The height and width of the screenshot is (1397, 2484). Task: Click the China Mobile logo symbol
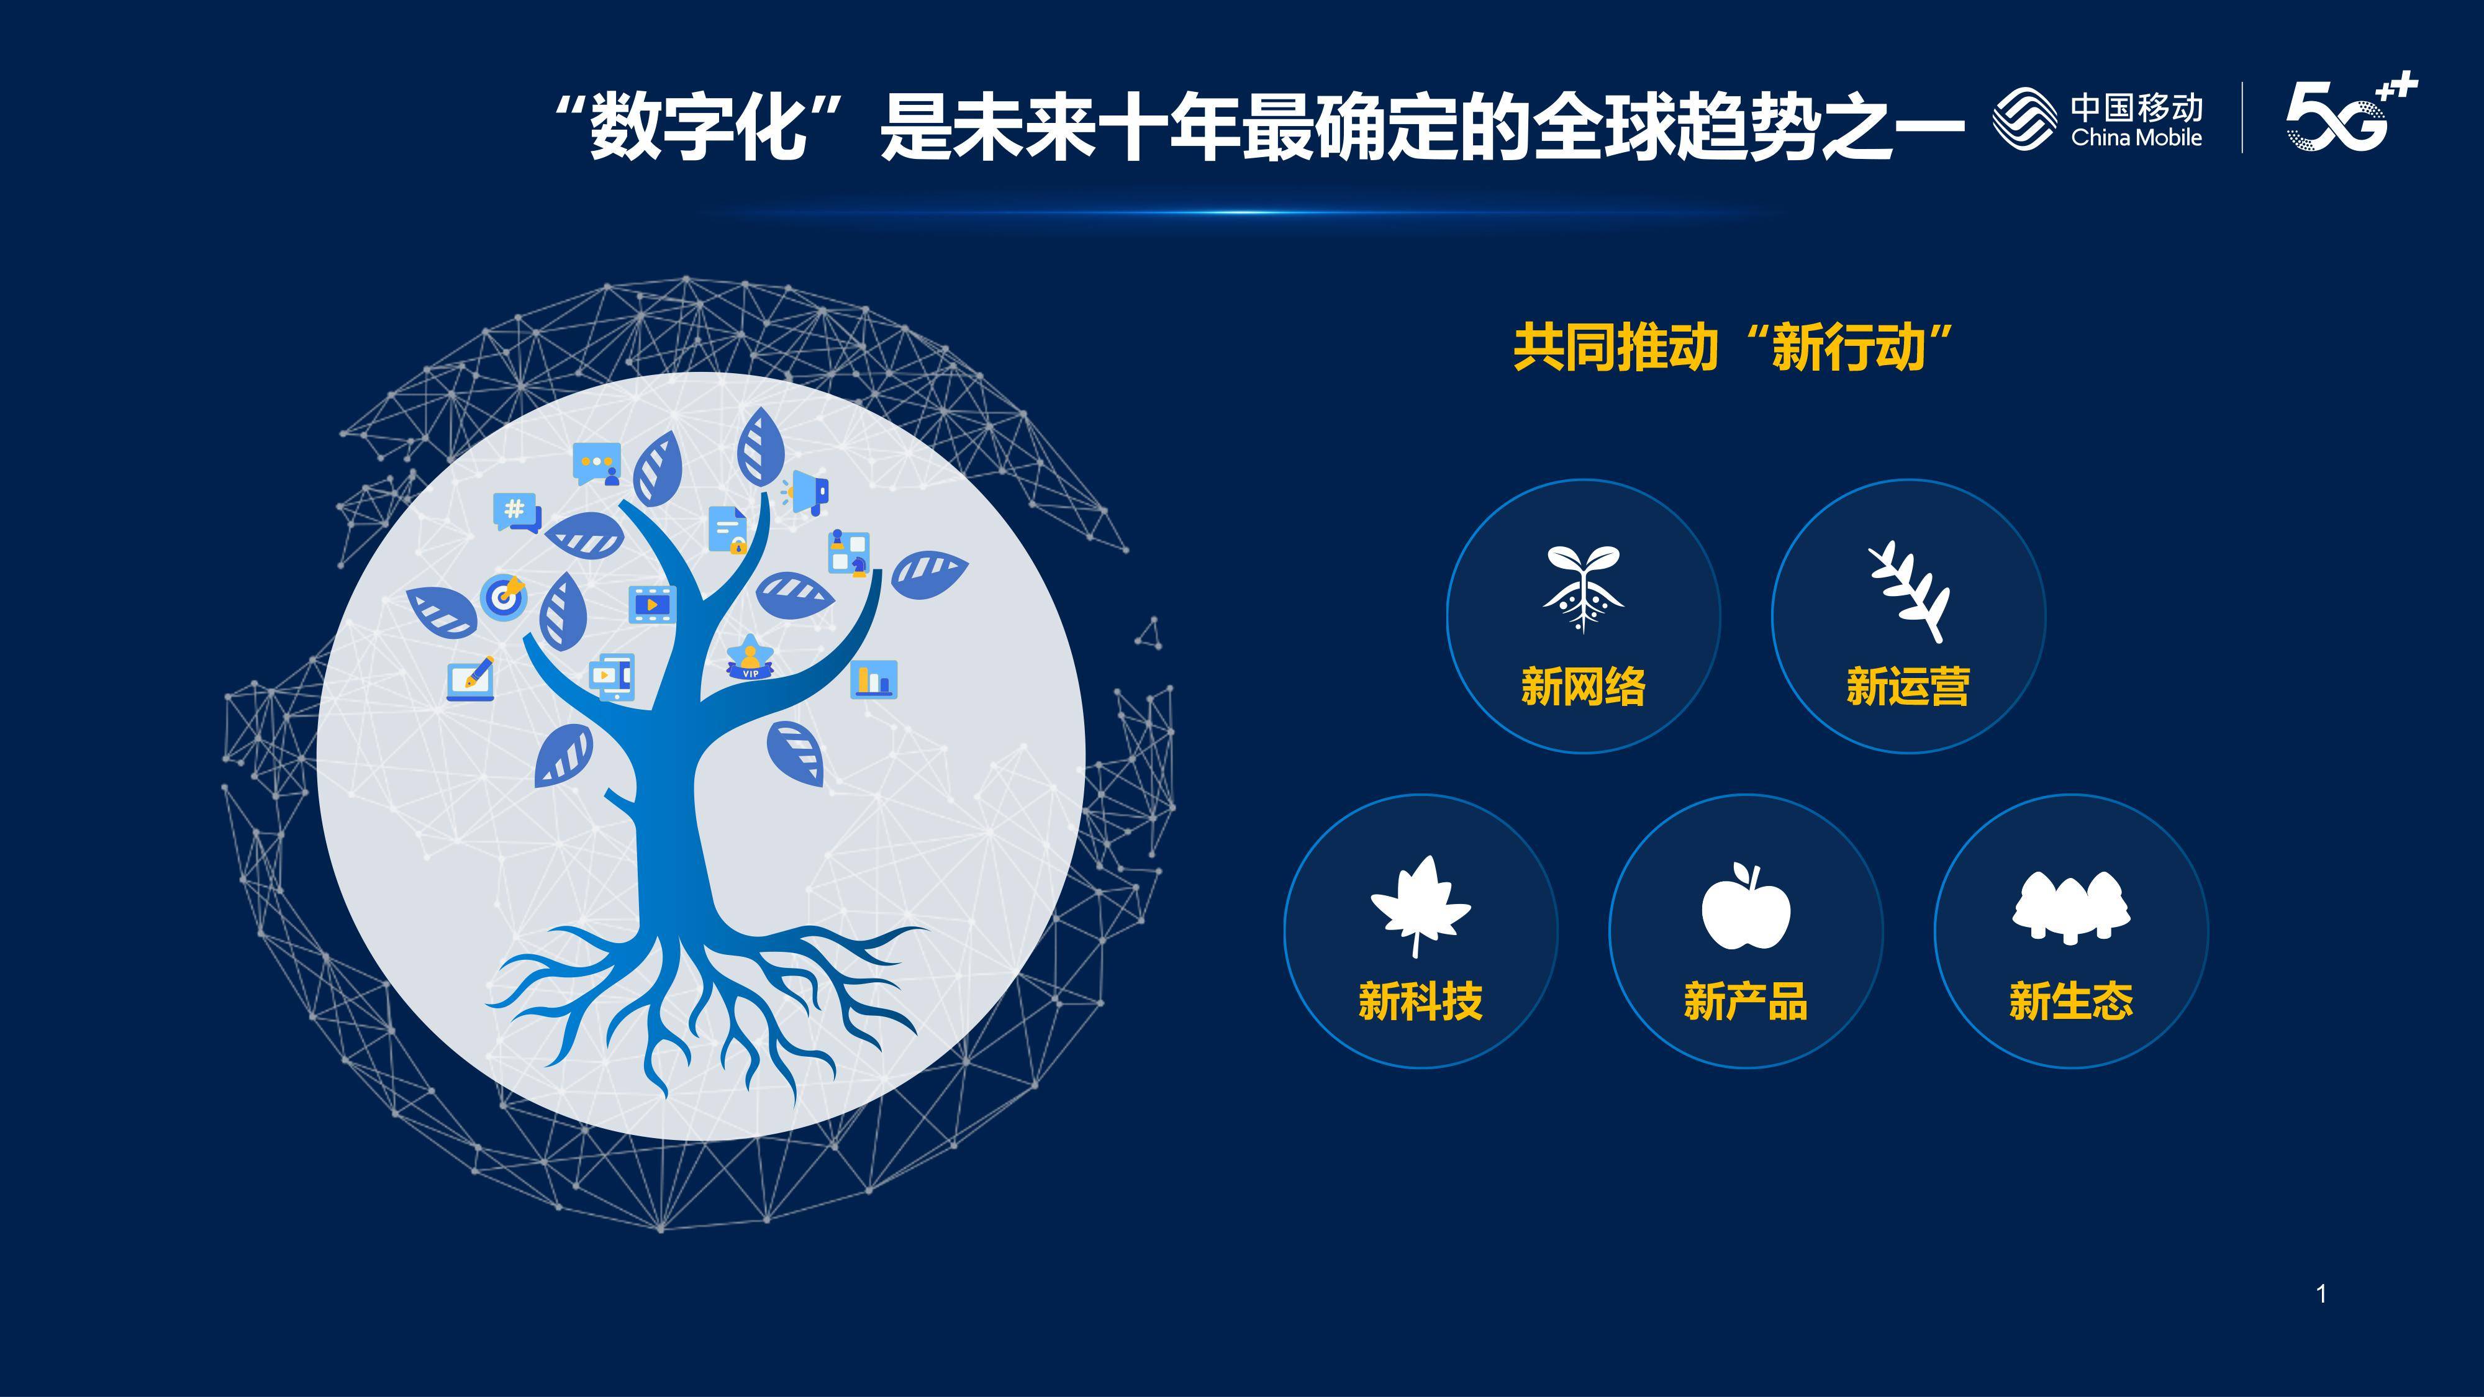2024,119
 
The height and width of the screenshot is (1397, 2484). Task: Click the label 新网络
1582,687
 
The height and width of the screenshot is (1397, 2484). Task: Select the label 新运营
1907,687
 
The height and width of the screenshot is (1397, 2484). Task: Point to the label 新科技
1420,1001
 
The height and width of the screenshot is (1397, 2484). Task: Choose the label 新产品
1746,1001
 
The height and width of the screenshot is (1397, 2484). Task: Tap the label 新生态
2070,1001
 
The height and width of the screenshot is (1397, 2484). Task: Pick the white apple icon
1746,906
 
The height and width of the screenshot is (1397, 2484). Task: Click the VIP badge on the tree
750,659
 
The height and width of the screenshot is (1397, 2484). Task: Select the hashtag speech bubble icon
516,511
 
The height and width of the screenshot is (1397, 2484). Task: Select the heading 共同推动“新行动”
1732,347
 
